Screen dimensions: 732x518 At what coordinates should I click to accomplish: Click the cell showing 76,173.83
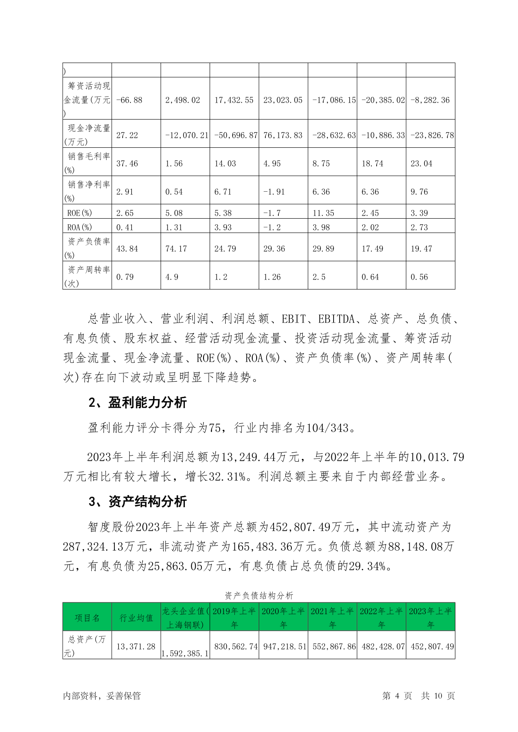(x=283, y=135)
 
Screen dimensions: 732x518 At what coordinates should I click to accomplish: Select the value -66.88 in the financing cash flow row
(x=129, y=100)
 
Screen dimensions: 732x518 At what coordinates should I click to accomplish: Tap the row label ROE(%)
(x=80, y=213)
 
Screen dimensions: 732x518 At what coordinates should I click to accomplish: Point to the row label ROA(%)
(x=80, y=227)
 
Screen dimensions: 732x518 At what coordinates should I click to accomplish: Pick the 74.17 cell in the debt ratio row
(x=176, y=249)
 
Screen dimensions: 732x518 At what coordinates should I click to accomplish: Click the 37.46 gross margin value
(x=127, y=163)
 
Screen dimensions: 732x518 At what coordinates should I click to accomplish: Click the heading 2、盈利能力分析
(x=137, y=403)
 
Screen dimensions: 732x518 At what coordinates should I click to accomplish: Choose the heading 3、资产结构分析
(x=137, y=502)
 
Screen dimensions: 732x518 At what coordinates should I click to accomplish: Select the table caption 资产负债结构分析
(x=259, y=596)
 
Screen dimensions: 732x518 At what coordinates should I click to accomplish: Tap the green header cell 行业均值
(x=136, y=618)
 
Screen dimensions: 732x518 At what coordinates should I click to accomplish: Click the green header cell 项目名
(x=87, y=618)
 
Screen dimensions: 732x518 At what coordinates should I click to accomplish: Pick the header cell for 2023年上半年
(x=430, y=618)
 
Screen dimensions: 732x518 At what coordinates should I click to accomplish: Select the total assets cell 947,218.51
(x=283, y=646)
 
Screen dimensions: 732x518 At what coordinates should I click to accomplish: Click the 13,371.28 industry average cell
(x=136, y=646)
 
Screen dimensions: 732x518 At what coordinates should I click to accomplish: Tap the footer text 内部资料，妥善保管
(x=102, y=696)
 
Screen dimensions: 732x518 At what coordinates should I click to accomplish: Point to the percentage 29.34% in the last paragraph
(x=367, y=566)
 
